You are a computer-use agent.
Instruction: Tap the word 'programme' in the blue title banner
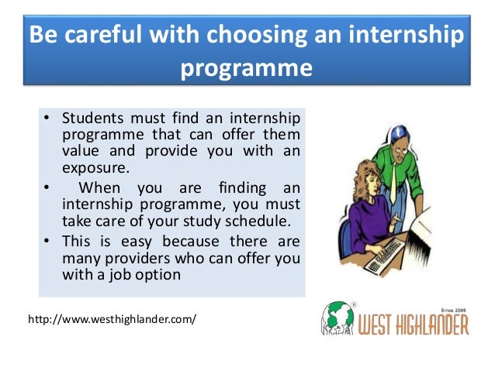point(247,69)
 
